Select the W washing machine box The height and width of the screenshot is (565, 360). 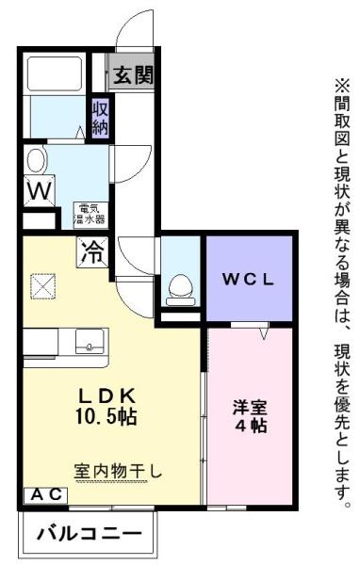click(x=37, y=190)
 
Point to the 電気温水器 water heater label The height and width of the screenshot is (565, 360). click(x=90, y=213)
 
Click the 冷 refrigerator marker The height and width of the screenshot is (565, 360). click(x=92, y=251)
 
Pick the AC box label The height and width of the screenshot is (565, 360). click(x=43, y=493)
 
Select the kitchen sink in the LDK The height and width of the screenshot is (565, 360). click(x=90, y=342)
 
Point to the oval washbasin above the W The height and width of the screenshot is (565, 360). click(x=36, y=157)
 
